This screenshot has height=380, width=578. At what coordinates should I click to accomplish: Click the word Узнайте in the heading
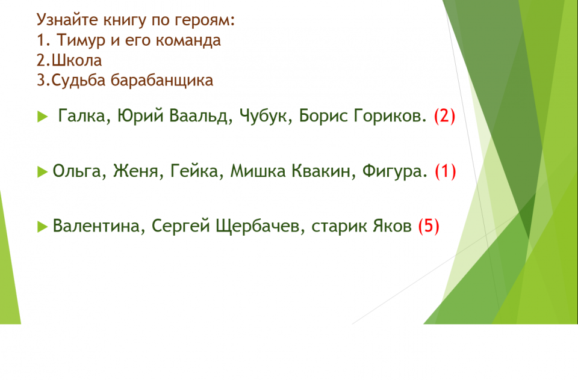click(67, 20)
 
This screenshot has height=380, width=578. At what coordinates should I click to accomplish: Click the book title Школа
click(76, 60)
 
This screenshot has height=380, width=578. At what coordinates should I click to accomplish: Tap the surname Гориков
click(390, 116)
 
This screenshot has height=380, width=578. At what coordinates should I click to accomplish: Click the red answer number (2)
click(444, 116)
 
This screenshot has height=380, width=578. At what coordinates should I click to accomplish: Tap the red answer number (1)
click(446, 171)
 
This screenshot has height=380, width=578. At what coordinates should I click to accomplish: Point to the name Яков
click(392, 226)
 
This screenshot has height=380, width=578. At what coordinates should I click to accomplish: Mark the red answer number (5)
click(429, 226)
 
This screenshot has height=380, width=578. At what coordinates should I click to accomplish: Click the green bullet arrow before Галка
click(42, 117)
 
